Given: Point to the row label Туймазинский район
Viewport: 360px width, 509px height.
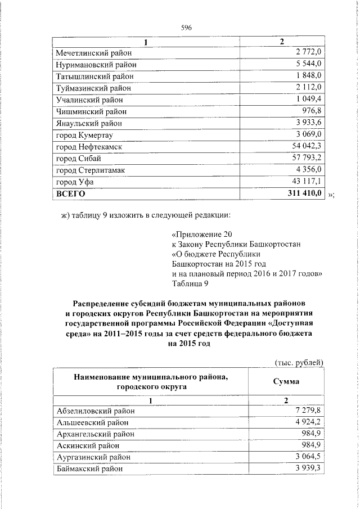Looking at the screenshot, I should [x=93, y=88].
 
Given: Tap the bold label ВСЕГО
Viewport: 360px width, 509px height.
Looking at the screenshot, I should [x=70, y=193].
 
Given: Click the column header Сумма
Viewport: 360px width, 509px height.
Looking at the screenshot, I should [x=286, y=381].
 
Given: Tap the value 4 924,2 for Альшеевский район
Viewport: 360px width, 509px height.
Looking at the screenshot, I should [x=308, y=422].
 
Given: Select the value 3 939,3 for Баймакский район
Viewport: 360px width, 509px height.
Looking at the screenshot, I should [x=308, y=469].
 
